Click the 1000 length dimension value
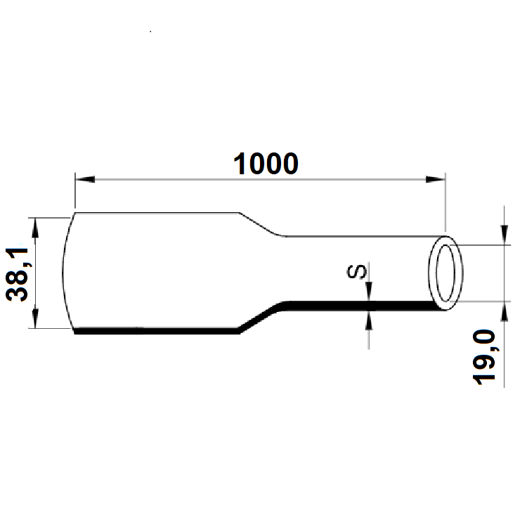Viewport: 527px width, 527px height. pos(265,164)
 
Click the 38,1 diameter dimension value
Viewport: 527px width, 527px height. pos(20,273)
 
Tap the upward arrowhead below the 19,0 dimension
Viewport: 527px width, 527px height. pos(505,309)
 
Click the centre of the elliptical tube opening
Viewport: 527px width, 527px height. pos(445,273)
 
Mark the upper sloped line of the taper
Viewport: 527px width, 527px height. pos(261,224)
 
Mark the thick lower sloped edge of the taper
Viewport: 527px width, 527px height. pos(261,317)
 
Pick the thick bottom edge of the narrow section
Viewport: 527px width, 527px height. pos(351,304)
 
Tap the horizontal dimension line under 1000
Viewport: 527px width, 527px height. pos(176,179)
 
